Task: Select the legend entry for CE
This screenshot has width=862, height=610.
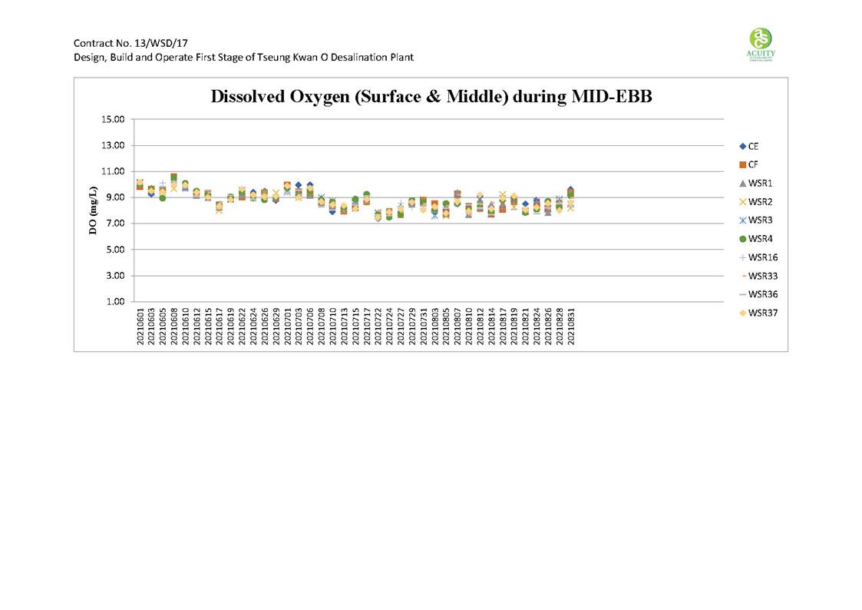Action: tap(748, 146)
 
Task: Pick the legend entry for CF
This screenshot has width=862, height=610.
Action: tap(748, 164)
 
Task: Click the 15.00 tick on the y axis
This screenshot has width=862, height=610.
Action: tap(111, 119)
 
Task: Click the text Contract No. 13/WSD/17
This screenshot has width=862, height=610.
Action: tap(130, 43)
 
